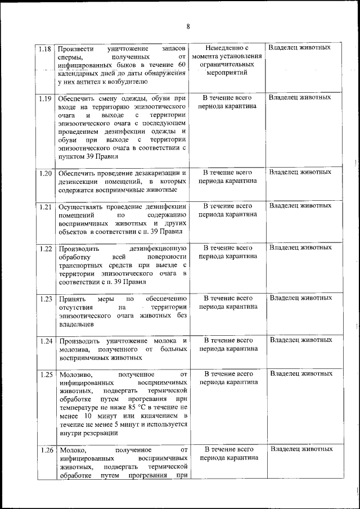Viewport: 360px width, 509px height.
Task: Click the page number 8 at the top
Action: click(188, 26)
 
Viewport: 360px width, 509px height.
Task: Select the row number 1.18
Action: click(46, 48)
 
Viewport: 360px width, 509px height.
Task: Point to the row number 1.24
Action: click(46, 341)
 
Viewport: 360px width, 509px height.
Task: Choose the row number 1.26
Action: click(46, 450)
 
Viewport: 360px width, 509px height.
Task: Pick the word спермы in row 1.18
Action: click(70, 57)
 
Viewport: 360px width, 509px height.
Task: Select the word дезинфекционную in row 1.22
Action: click(157, 248)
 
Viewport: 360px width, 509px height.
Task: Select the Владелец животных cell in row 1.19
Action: click(300, 98)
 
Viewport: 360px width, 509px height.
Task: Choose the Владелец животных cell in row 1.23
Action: click(300, 298)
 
